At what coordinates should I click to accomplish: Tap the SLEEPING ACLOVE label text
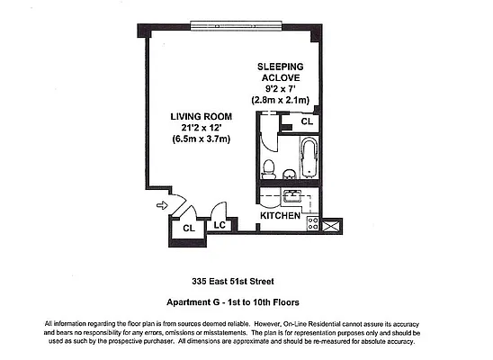pos(280,73)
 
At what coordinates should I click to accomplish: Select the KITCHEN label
pos(279,217)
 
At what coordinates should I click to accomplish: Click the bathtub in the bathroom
pos(308,157)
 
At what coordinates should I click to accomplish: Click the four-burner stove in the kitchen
pos(313,222)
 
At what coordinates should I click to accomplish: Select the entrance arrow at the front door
pos(162,205)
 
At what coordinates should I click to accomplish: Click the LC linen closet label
pos(219,225)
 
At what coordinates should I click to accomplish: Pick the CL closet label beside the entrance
pos(189,229)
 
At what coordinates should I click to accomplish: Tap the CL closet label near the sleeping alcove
pos(306,121)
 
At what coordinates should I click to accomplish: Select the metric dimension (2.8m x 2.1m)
pos(280,99)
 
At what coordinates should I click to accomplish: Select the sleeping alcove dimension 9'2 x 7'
pos(280,88)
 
